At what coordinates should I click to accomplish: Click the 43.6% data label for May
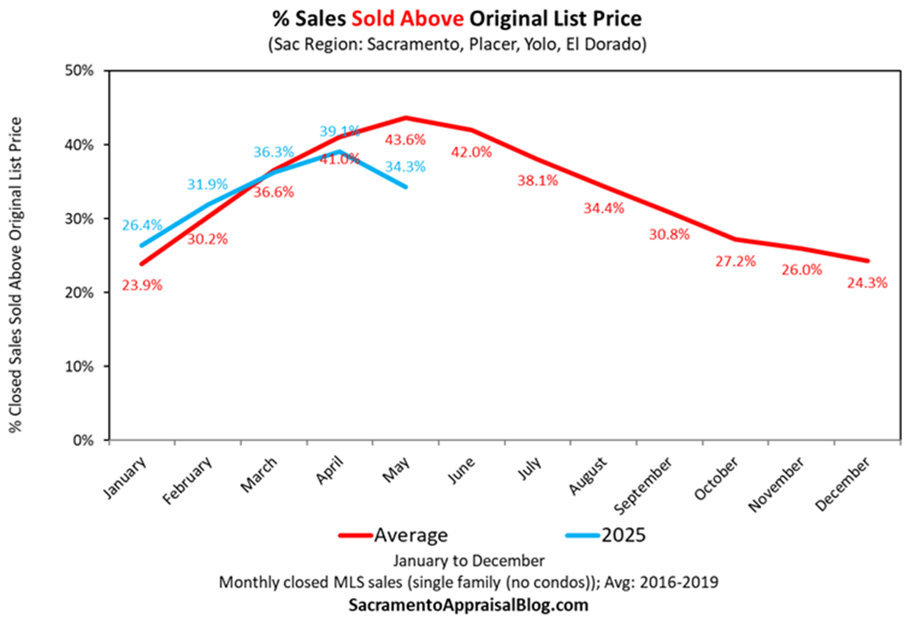click(x=405, y=140)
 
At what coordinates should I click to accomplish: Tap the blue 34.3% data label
click(x=405, y=167)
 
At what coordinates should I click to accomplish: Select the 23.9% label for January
click(x=142, y=285)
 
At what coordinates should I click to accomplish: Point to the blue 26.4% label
click(x=142, y=225)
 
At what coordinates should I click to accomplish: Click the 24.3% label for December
click(x=867, y=283)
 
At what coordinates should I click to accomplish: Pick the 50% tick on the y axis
click(x=79, y=71)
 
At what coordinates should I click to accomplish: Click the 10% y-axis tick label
click(x=79, y=367)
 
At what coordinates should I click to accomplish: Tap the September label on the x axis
click(x=643, y=486)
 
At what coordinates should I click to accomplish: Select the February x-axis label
click(x=187, y=481)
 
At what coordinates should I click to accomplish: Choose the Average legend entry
click(x=410, y=535)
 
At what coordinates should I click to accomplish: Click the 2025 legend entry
click(x=623, y=535)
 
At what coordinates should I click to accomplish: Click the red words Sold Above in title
click(x=407, y=19)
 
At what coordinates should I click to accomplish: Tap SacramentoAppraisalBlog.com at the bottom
click(x=468, y=605)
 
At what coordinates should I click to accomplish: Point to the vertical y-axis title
click(x=16, y=275)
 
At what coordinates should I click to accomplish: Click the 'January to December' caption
click(x=468, y=561)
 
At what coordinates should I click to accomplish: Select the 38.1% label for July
click(x=537, y=181)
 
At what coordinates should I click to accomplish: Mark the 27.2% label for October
click(x=735, y=262)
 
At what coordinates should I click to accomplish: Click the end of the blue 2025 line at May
click(x=405, y=186)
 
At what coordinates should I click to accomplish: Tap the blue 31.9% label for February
click(x=208, y=185)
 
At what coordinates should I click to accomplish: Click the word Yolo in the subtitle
click(x=538, y=45)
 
